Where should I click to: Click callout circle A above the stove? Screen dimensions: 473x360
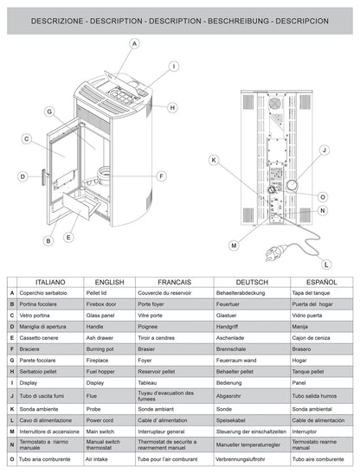[x=135, y=43]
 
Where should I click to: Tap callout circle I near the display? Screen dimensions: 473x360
[x=173, y=66]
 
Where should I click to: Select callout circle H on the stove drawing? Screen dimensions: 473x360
[x=173, y=107]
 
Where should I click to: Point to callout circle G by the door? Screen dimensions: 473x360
[x=50, y=112]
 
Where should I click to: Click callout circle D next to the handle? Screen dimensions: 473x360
[x=22, y=176]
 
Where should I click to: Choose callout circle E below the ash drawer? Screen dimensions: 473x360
[x=68, y=236]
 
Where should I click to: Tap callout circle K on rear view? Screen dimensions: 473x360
[x=213, y=159]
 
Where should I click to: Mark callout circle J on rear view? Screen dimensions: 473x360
[x=323, y=150]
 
